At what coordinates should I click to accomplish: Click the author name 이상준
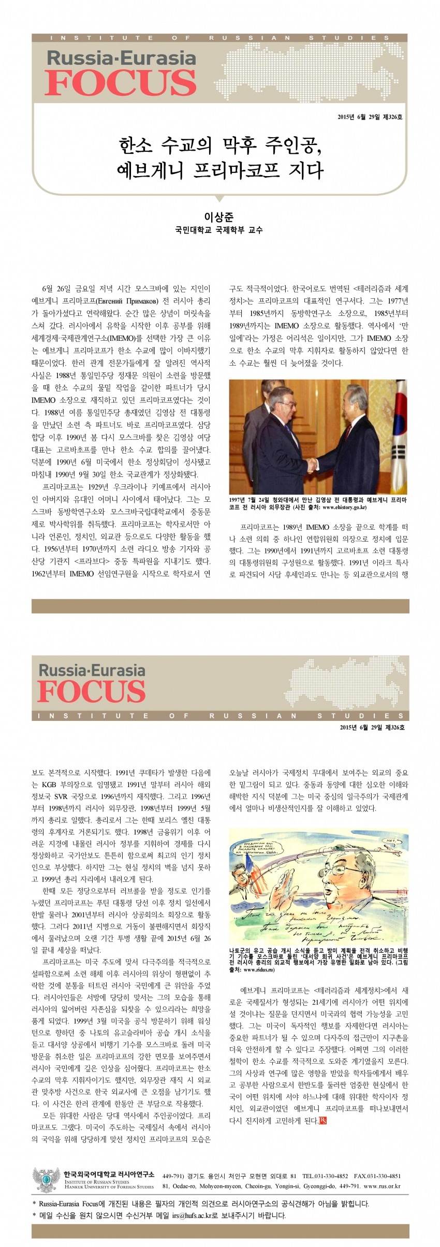click(x=218, y=217)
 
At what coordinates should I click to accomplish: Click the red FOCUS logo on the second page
click(x=92, y=692)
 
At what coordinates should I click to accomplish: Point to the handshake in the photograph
click(x=312, y=464)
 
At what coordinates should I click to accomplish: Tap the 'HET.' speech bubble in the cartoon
click(x=390, y=841)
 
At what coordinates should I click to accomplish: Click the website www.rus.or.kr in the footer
click(x=382, y=1186)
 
